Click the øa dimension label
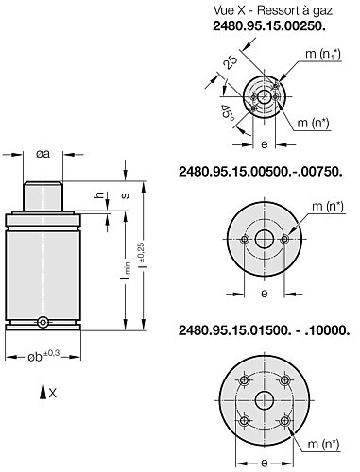[x=43, y=154]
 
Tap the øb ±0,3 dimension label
[x=43, y=356]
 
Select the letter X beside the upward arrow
[x=53, y=393]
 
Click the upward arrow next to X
[x=43, y=394]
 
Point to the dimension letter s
[x=126, y=195]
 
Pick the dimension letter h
[x=99, y=195]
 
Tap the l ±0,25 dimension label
[x=142, y=255]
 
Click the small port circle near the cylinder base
[x=43, y=322]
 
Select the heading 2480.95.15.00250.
[x=269, y=25]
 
